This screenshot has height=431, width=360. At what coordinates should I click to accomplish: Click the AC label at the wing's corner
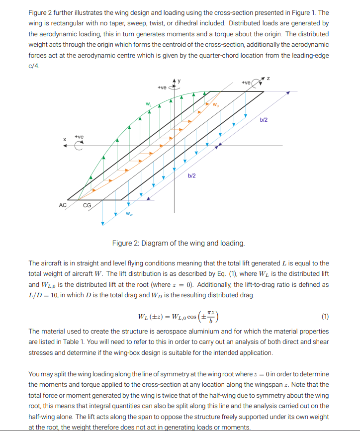pos(63,205)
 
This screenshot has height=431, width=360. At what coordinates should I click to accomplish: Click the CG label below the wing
pos(87,205)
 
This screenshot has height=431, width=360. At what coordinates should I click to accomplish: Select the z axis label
pos(268,78)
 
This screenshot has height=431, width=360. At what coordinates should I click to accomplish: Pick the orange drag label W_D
pos(215,105)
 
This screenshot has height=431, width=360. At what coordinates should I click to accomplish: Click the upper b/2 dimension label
pos(264,120)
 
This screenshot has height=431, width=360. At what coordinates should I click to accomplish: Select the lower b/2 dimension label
pos(192,175)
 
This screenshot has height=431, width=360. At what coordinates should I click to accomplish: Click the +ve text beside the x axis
pos(79,137)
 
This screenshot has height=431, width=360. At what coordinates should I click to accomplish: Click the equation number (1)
pos(325,316)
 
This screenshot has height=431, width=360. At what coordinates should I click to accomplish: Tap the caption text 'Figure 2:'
pos(125,243)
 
